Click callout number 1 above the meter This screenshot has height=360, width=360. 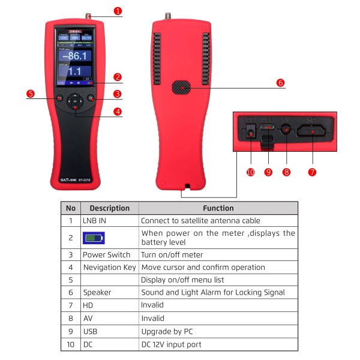point(118,11)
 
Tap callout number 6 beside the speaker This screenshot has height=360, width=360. point(280,83)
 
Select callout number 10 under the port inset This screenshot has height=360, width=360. point(250,172)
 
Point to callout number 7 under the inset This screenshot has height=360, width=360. point(311,172)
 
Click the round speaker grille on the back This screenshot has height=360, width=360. point(180,88)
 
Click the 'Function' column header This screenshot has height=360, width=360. point(218,208)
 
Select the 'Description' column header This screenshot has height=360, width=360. point(109,208)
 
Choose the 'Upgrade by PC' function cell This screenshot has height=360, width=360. point(167,331)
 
